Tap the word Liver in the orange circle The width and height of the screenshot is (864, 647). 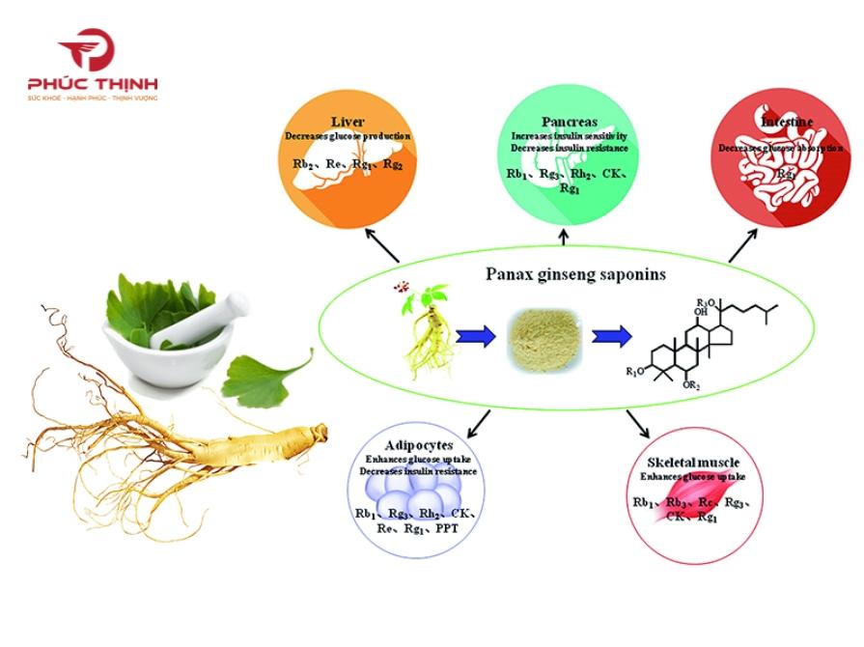(x=347, y=123)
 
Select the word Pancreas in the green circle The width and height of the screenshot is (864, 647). (x=569, y=122)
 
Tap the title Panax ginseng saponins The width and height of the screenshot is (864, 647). (x=575, y=274)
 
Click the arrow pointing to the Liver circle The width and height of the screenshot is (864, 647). (x=381, y=245)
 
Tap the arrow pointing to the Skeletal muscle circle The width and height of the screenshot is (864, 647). (x=636, y=424)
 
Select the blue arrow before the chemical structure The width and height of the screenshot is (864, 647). (x=612, y=336)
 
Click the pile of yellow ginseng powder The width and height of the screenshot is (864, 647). (x=543, y=337)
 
